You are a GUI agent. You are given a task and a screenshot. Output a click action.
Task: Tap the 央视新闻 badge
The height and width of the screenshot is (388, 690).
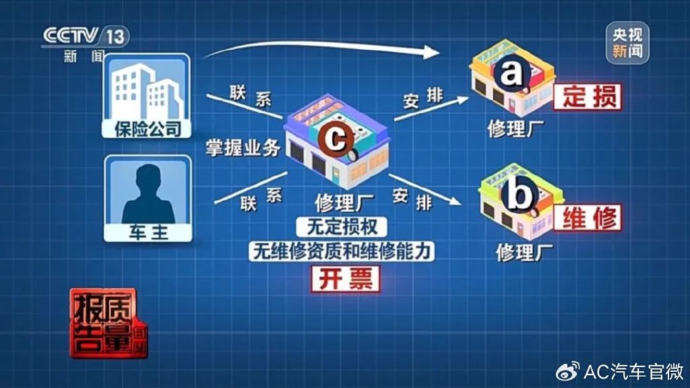(627, 43)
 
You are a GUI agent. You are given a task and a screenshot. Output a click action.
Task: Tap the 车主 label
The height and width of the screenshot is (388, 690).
(146, 233)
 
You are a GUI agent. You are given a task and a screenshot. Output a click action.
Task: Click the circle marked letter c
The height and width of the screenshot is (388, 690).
(335, 139)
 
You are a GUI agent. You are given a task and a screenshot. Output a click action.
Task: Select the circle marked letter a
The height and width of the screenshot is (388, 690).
(511, 73)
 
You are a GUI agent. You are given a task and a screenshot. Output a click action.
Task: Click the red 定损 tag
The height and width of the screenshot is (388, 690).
(586, 97)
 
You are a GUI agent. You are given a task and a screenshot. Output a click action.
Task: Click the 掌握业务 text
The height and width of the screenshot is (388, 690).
(243, 148)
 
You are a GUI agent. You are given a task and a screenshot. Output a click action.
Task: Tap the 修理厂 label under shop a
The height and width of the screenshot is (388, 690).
(515, 129)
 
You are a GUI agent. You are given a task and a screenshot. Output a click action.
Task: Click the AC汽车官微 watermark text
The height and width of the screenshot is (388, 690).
(632, 370)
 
